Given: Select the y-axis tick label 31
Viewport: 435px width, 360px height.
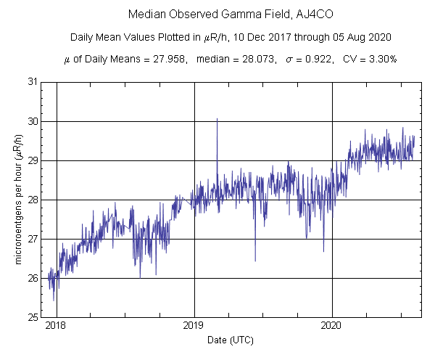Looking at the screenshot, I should coord(33,82).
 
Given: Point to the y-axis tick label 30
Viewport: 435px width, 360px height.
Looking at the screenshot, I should coord(33,121).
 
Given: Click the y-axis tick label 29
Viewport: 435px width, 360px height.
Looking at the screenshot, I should coord(33,160).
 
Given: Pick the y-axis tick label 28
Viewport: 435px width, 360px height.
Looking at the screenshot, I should coord(33,200).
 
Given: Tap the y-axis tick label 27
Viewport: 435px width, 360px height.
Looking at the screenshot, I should coord(33,239).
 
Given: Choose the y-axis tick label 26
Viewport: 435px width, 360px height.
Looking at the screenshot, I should coord(33,278).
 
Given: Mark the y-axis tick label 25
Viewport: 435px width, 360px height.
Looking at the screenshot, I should coord(33,317).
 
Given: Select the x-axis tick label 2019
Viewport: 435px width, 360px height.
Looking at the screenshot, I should coord(194,326).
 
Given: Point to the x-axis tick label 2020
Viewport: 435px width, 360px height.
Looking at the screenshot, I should coord(331,326).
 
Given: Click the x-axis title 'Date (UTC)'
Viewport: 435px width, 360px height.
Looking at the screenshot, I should coord(231,340).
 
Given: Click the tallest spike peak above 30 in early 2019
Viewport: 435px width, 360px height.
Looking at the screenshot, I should coord(217,119).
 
